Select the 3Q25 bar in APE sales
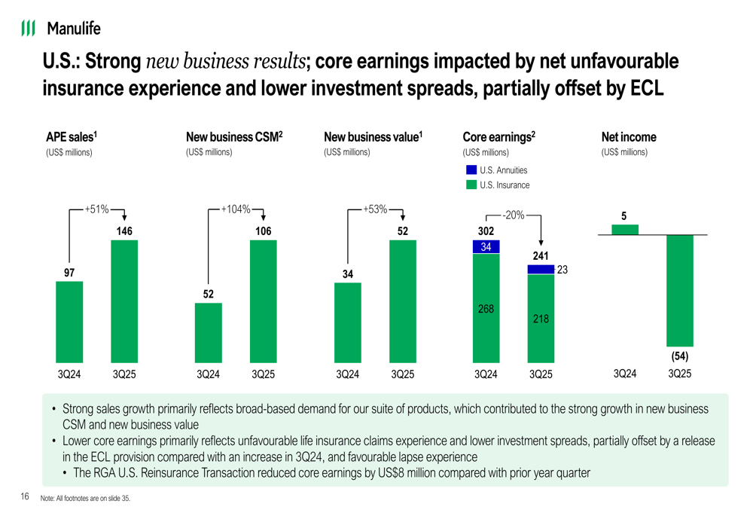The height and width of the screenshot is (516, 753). coord(124,301)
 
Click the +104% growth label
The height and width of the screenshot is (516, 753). coord(236,209)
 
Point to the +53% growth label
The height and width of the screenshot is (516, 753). coord(375,209)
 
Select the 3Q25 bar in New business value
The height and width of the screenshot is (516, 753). coord(403,301)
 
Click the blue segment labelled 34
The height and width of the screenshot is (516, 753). coord(486,247)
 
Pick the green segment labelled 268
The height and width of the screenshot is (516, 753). coord(486,309)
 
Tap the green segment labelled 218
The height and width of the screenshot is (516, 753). coord(541,319)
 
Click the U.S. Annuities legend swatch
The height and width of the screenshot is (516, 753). coord(471,170)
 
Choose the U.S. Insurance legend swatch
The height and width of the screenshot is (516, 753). coord(471,185)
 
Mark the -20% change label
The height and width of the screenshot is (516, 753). coord(514,215)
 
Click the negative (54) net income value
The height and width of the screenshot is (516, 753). coord(680,356)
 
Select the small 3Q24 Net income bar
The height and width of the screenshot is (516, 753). coord(624,230)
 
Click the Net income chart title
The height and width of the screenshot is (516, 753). coord(629,137)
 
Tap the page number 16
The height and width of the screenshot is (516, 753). coord(25,496)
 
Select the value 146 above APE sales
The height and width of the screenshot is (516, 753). coord(124,232)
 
